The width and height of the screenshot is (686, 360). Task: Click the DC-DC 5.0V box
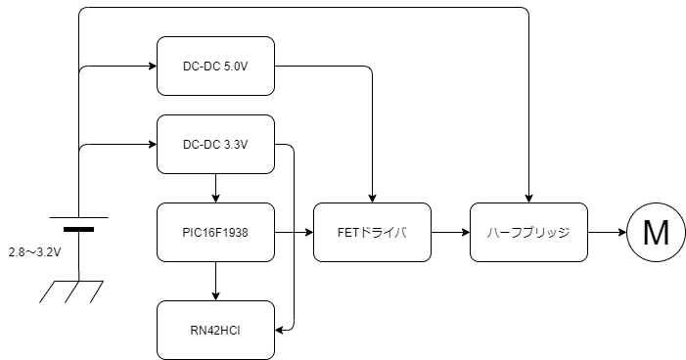[215, 67]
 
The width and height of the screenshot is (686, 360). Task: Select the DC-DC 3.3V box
[215, 145]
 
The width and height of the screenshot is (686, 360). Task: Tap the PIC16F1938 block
[215, 232]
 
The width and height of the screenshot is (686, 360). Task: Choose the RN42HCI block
[215, 331]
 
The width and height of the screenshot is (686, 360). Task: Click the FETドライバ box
[372, 232]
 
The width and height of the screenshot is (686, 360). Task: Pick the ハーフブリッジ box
[529, 232]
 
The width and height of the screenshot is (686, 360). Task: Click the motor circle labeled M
[656, 232]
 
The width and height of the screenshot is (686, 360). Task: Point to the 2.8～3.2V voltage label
[34, 252]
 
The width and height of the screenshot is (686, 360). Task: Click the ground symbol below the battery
[71, 292]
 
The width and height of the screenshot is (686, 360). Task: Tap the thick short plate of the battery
[78, 229]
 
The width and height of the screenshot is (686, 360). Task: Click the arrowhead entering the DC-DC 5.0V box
[153, 67]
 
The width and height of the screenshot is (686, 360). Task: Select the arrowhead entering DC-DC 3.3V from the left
[153, 145]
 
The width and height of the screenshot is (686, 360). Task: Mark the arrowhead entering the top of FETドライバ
[372, 199]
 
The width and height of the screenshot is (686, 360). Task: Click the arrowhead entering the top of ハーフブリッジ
[529, 199]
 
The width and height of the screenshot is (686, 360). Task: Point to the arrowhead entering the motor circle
[622, 232]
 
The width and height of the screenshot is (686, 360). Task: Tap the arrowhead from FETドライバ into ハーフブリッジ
[466, 232]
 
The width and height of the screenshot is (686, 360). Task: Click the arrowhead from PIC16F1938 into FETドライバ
[309, 232]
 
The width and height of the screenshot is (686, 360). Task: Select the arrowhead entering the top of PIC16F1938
[215, 199]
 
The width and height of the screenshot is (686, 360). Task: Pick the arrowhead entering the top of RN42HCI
[215, 296]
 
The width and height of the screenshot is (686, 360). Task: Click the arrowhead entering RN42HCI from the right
[279, 331]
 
